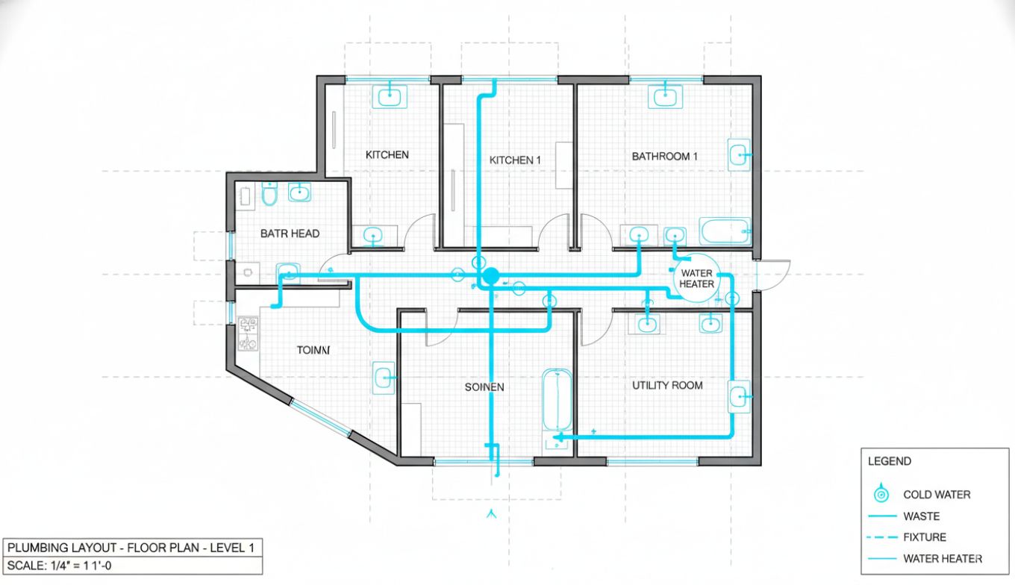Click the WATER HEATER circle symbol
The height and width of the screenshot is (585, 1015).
coord(696,278)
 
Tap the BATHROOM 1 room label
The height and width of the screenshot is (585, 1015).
coord(664,157)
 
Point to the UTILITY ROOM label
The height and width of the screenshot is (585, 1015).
coord(667,385)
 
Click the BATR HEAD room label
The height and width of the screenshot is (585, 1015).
coord(290,234)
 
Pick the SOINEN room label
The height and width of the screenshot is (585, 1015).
coord(484,387)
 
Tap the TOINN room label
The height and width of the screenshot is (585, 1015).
coord(313,349)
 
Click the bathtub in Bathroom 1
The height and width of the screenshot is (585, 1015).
coord(725,231)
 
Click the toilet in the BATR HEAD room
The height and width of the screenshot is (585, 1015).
coord(269,194)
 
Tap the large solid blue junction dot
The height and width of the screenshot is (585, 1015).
coord(490,276)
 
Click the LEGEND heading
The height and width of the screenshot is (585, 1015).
coord(889,461)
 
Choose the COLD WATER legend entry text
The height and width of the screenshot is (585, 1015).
coord(937,495)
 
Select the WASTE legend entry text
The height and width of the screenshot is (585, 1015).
coord(921,516)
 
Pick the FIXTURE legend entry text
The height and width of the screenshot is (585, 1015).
coord(924,537)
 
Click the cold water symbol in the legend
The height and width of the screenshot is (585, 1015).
coord(882,494)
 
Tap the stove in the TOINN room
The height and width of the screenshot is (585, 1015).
coord(248,334)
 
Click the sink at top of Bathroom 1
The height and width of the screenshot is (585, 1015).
coord(664,96)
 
